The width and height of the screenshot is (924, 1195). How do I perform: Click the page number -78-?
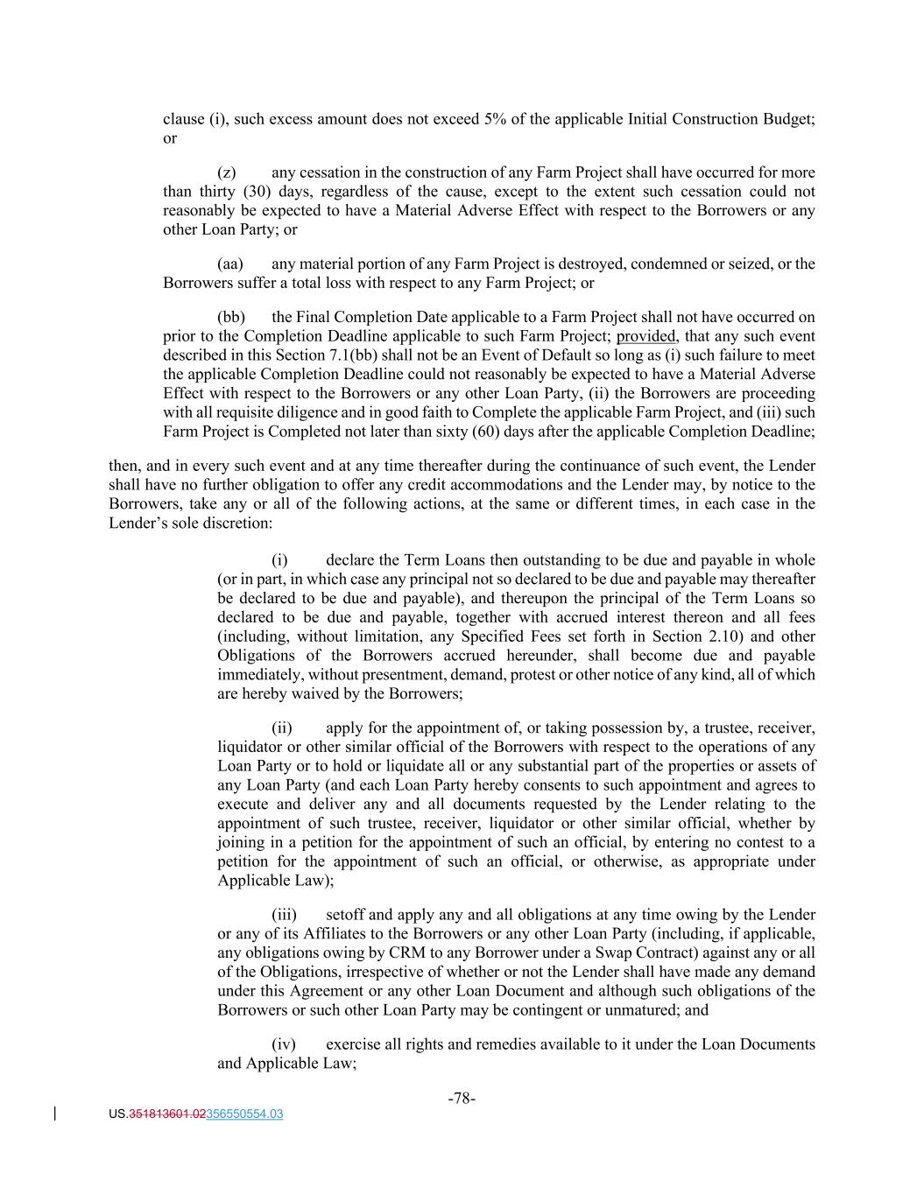(x=462, y=1098)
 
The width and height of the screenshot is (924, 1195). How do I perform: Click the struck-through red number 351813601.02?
(x=167, y=1114)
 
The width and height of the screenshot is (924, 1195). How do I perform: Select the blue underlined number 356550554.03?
(x=244, y=1114)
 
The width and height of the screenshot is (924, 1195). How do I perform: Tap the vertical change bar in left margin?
(x=56, y=1114)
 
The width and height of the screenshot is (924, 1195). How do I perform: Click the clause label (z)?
(x=226, y=172)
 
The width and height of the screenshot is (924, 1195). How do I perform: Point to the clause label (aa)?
(x=229, y=264)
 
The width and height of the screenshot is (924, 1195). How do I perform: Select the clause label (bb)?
(x=230, y=317)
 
